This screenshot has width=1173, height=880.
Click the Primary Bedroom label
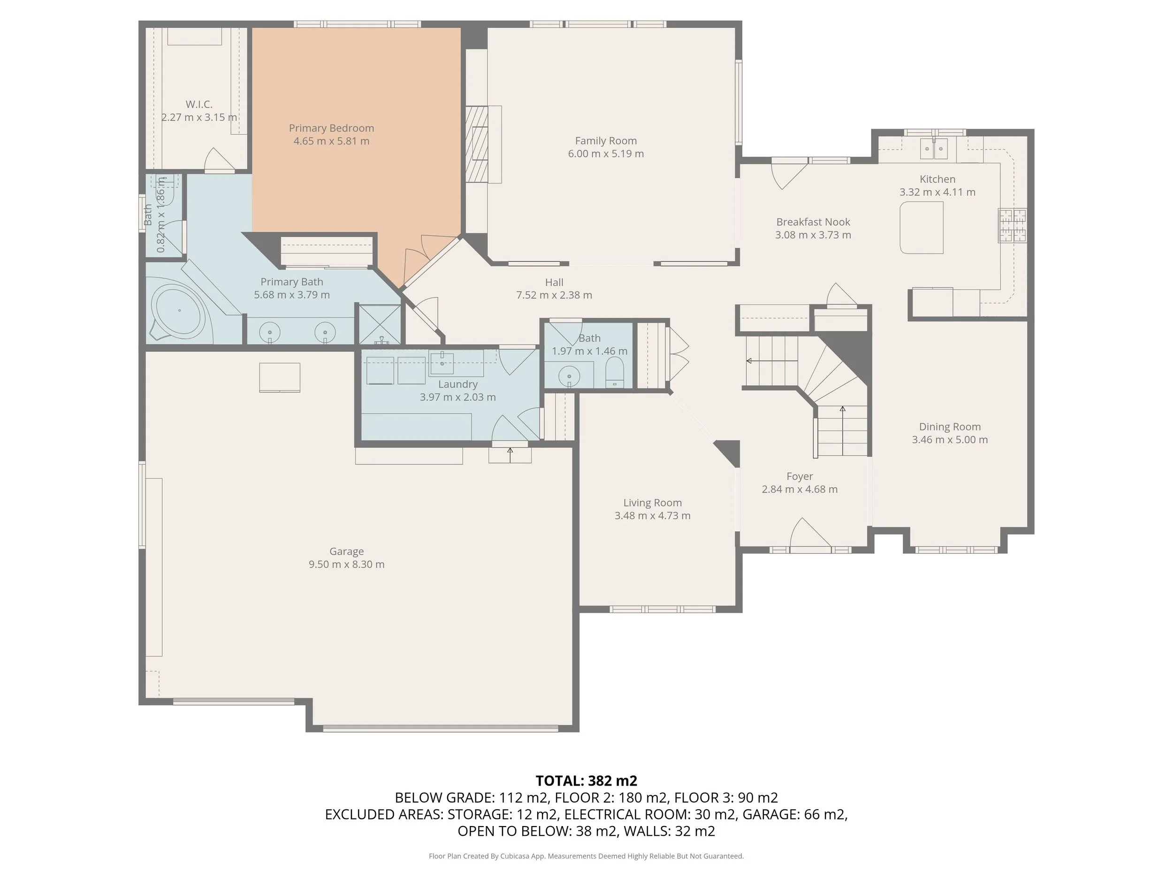click(331, 128)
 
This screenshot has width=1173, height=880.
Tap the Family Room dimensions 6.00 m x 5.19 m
click(606, 154)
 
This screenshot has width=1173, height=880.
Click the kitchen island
click(922, 227)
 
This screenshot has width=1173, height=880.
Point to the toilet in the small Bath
click(615, 372)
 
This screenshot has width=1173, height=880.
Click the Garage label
click(346, 551)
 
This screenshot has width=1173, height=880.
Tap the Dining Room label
click(950, 427)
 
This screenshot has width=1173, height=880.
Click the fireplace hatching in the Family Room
click(476, 144)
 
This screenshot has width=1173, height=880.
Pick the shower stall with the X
click(380, 323)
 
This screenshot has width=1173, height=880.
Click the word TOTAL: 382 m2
click(586, 781)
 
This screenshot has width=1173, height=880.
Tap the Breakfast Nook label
click(813, 222)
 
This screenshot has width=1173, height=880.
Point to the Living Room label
click(652, 502)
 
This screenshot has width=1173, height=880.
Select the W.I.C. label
click(199, 104)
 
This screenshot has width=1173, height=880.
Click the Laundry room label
click(457, 384)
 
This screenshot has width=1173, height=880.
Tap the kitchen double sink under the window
click(933, 148)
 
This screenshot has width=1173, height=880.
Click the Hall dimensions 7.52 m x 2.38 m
click(554, 295)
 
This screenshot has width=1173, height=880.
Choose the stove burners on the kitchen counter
click(1013, 225)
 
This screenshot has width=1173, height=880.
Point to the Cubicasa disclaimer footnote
click(586, 856)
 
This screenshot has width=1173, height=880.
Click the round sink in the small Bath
click(569, 376)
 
